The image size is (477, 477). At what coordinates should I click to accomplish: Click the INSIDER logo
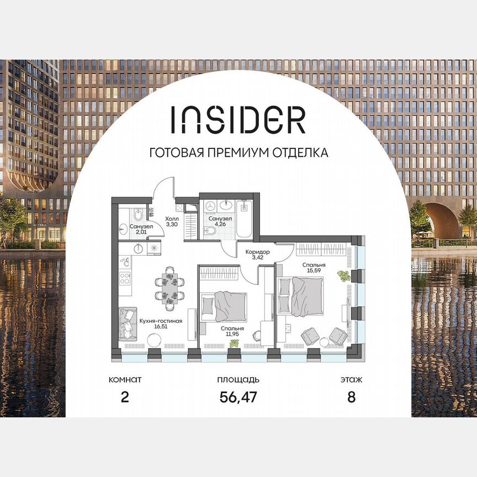pos(238,119)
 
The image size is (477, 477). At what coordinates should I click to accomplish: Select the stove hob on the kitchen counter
pos(125,275)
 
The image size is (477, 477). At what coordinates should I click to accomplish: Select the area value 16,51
pos(161,327)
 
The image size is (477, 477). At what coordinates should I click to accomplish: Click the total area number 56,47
pos(238,397)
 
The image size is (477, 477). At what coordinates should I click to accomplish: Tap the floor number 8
pos(351,397)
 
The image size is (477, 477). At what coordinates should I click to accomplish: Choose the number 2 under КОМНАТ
pos(125,397)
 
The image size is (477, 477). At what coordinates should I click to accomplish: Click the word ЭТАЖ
pos(351,380)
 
